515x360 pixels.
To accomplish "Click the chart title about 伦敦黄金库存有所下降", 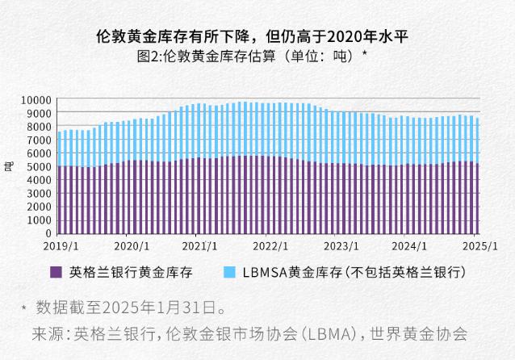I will click(x=257, y=36).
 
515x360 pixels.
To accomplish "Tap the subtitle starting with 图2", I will click(x=257, y=57).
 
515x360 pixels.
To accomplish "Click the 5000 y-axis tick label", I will click(x=40, y=167).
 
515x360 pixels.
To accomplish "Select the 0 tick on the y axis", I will click(x=49, y=233).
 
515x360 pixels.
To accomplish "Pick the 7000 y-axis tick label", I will click(x=40, y=140).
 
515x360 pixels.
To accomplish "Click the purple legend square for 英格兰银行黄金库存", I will click(x=56, y=273).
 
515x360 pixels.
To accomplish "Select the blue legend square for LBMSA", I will click(x=228, y=273).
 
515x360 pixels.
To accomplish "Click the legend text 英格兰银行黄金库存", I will click(x=131, y=273).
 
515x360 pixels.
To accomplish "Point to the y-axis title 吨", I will click(x=9, y=167).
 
